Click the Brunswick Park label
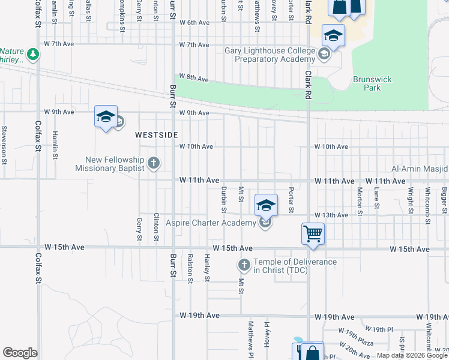pos(367,83)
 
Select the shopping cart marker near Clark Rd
pos(313,234)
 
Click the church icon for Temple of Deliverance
pos(244,265)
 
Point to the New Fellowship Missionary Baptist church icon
pos(154,163)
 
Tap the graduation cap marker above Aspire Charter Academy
pos(265,205)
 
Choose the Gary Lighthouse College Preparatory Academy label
pos(270,55)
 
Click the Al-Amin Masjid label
pos(420,170)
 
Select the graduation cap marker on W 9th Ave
pos(106,118)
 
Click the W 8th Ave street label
pos(193,79)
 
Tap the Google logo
pos(20,353)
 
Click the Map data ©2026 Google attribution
pos(412,355)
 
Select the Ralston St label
pos(190,268)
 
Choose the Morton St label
pos(360,201)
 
